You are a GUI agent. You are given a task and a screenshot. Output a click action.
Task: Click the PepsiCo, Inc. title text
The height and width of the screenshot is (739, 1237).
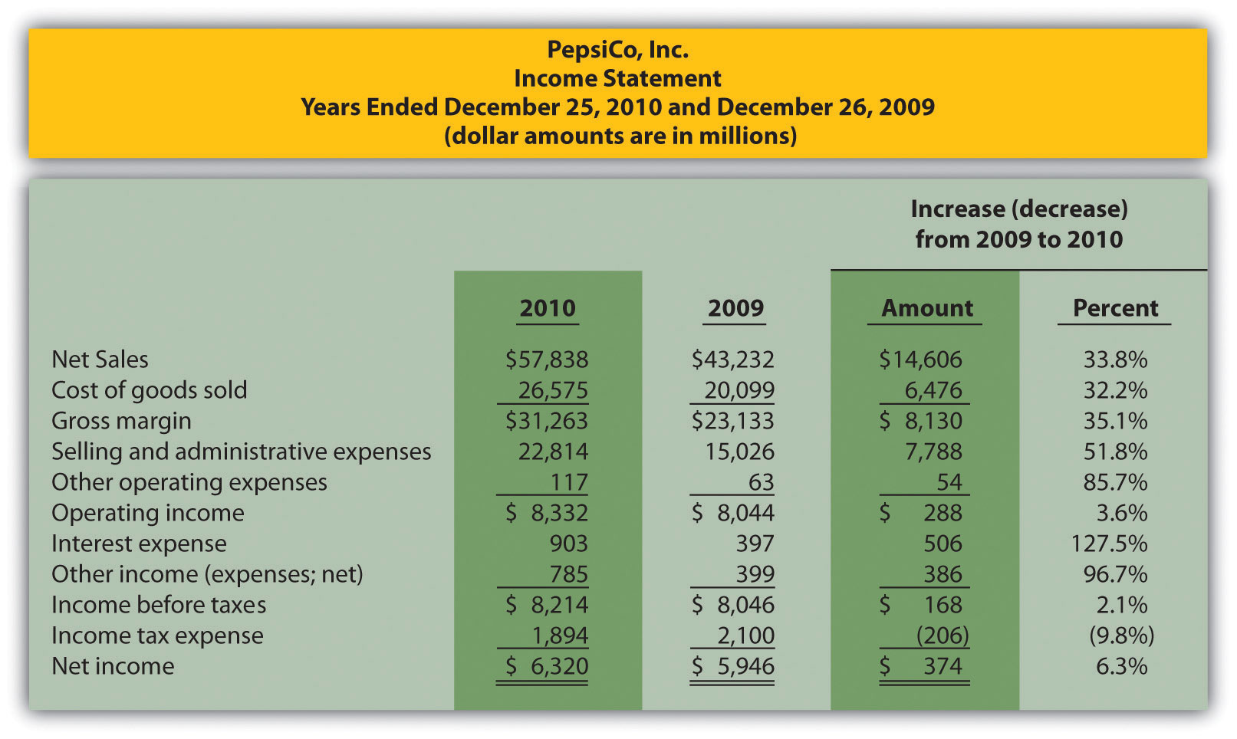(617, 50)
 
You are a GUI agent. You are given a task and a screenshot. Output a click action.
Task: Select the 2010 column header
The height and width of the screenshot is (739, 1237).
(547, 308)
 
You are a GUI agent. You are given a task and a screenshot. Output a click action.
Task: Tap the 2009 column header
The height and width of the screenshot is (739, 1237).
(735, 308)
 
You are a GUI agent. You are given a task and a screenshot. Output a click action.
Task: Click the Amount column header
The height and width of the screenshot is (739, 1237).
(926, 308)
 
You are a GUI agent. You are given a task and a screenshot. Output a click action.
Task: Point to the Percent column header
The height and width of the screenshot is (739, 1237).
(1115, 308)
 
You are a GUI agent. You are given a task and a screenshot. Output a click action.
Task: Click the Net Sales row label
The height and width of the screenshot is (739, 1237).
(100, 360)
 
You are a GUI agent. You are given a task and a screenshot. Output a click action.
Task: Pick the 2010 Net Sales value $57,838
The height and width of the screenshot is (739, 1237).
(547, 360)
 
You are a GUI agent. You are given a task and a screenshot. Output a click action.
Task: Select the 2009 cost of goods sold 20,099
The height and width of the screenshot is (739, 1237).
(739, 390)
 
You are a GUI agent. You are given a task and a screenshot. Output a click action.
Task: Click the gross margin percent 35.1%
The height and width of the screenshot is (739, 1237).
(1115, 421)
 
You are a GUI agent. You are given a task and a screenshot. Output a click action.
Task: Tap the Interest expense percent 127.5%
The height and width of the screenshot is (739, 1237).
(1109, 544)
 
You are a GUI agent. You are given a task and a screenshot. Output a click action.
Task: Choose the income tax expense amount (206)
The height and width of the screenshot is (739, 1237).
(942, 636)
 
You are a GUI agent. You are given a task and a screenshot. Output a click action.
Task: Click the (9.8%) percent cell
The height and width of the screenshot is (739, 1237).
(1121, 636)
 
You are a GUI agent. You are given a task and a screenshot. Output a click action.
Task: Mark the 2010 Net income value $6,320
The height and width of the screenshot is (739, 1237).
(547, 666)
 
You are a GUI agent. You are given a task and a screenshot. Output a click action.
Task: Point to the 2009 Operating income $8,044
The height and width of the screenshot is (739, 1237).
(733, 513)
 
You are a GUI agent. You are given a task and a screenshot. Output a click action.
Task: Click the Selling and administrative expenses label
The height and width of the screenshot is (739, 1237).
(241, 452)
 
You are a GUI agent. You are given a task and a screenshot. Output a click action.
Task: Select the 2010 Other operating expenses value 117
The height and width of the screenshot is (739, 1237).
(568, 482)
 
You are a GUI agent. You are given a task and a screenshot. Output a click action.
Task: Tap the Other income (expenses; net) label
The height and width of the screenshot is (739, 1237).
(207, 574)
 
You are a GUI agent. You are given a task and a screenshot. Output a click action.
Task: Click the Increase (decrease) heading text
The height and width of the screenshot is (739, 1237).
(1018, 209)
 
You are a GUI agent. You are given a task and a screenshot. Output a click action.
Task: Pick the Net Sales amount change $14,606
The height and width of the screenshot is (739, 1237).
(920, 360)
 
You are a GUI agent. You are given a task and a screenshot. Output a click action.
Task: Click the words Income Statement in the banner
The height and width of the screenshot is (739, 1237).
(617, 78)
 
